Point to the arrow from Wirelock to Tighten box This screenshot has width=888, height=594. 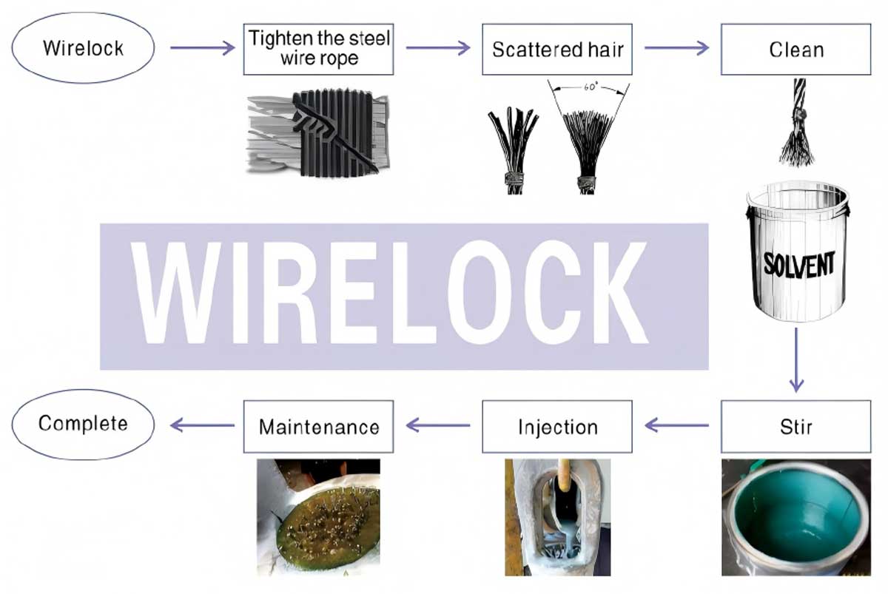[203, 48]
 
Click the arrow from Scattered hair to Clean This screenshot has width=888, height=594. [676, 48]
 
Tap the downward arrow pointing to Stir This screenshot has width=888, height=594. [796, 360]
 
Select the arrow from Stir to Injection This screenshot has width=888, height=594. [676, 425]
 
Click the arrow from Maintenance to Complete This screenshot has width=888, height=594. [203, 425]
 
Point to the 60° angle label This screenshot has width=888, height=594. [591, 87]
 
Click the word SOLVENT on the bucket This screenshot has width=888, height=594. [799, 264]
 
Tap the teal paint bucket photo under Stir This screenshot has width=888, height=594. [796, 517]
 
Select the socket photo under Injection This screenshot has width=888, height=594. [557, 517]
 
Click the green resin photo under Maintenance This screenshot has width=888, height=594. [318, 517]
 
